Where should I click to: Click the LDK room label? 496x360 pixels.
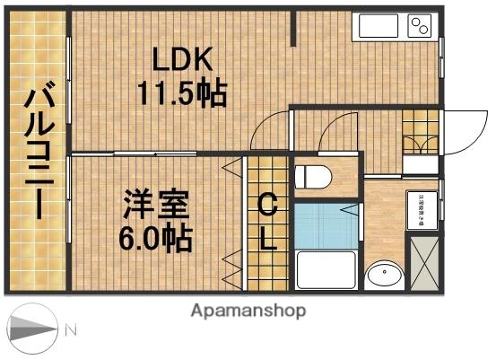pos(181,61)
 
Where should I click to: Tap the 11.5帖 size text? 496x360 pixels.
pos(181,92)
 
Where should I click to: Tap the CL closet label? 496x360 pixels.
pos(266,224)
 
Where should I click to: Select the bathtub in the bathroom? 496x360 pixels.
pos(326,270)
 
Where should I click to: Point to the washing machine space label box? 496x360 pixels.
pos(421,208)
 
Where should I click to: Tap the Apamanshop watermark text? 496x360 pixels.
pos(248,311)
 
